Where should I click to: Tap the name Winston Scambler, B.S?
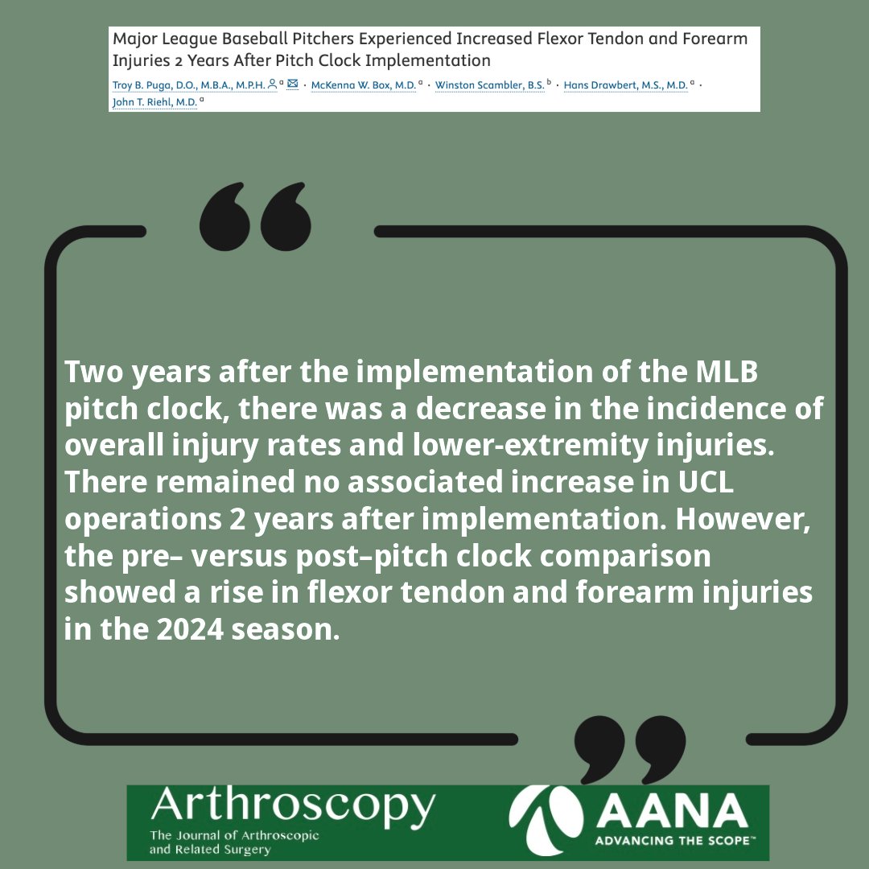coord(489,84)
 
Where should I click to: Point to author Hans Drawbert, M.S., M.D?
coord(625,84)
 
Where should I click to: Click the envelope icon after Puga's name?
coord(293,84)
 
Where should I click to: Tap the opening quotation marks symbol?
coord(254,216)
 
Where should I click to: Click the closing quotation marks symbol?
coord(629,748)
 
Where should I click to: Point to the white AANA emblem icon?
coord(543,821)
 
